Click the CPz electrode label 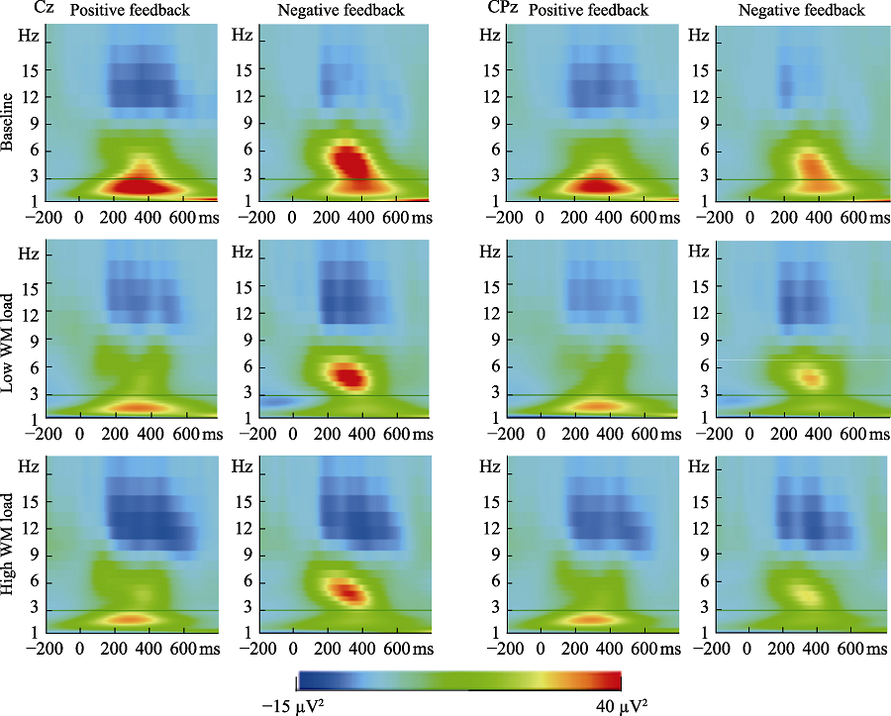(501, 10)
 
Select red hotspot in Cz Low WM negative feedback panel (347, 375)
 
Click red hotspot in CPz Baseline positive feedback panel (592, 185)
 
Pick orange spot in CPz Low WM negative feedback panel (812, 377)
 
